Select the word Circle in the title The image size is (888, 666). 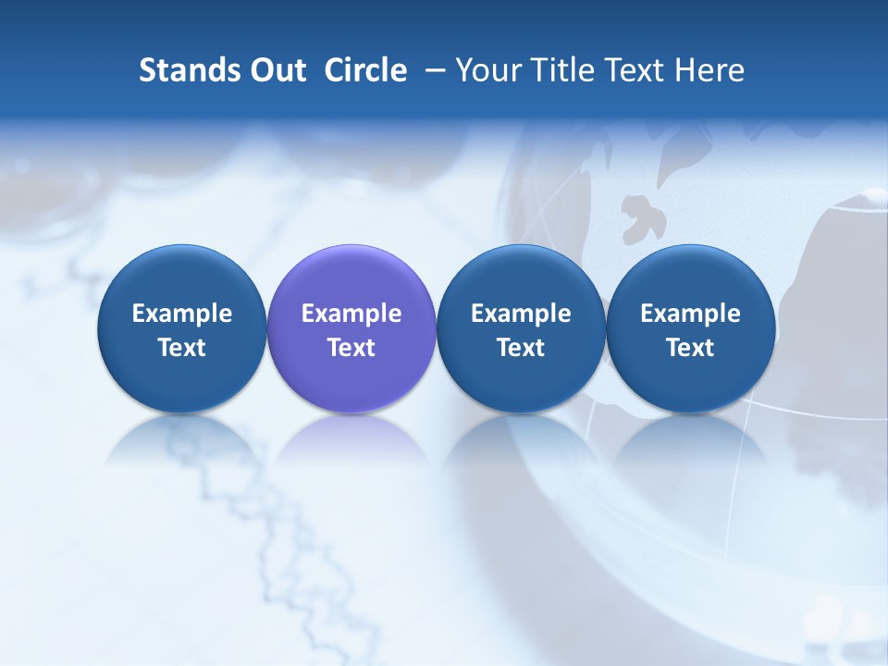pyautogui.click(x=365, y=70)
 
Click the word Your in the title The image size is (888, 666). pyautogui.click(x=486, y=70)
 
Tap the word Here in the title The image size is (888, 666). pyautogui.click(x=709, y=70)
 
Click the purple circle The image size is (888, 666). pyautogui.click(x=351, y=328)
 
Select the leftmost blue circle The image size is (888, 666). pyautogui.click(x=182, y=328)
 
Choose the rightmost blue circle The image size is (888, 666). pyautogui.click(x=691, y=328)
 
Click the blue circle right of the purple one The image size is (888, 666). pyautogui.click(x=521, y=328)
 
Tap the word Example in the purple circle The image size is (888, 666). pyautogui.click(x=351, y=314)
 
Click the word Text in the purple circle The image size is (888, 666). pyautogui.click(x=351, y=348)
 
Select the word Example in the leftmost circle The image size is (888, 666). pyautogui.click(x=182, y=314)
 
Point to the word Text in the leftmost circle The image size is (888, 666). pyautogui.click(x=182, y=348)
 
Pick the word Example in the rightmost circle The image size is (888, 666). pyautogui.click(x=691, y=314)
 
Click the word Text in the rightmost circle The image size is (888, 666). pyautogui.click(x=691, y=348)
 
